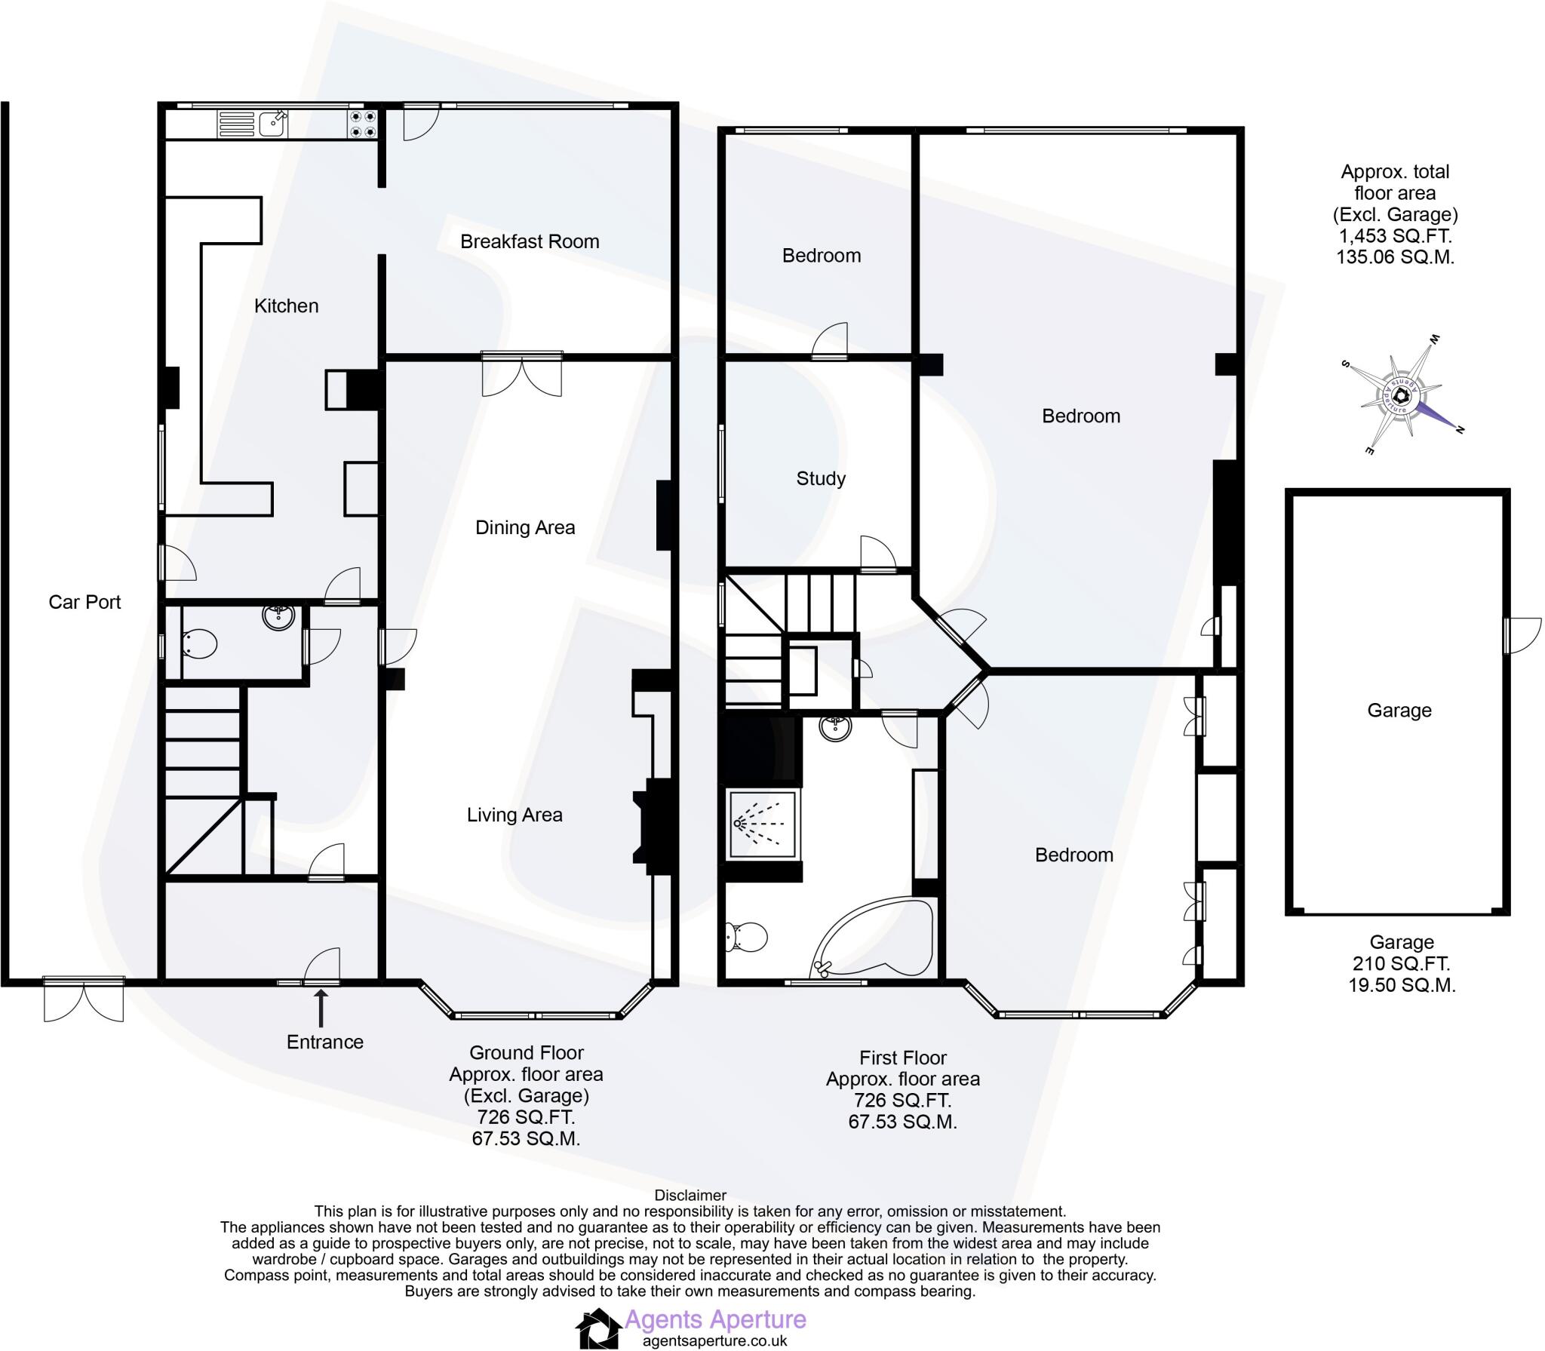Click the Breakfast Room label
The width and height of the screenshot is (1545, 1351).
click(x=530, y=241)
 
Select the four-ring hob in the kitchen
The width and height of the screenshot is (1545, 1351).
click(x=362, y=124)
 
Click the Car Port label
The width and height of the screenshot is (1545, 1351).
click(x=84, y=602)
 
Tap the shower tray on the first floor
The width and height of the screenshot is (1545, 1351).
click(x=761, y=825)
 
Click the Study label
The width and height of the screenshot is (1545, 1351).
click(x=821, y=478)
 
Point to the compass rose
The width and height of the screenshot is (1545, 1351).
click(x=1402, y=395)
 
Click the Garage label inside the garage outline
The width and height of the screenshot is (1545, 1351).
click(x=1399, y=710)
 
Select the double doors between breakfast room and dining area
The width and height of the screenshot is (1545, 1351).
click(x=522, y=374)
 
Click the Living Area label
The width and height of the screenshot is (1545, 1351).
click(x=514, y=815)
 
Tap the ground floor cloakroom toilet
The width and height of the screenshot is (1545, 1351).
click(x=200, y=643)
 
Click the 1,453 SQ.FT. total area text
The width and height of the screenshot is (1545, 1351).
click(x=1394, y=236)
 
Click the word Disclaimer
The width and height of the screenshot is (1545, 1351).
click(x=690, y=1195)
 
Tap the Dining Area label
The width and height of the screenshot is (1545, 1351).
click(x=525, y=527)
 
